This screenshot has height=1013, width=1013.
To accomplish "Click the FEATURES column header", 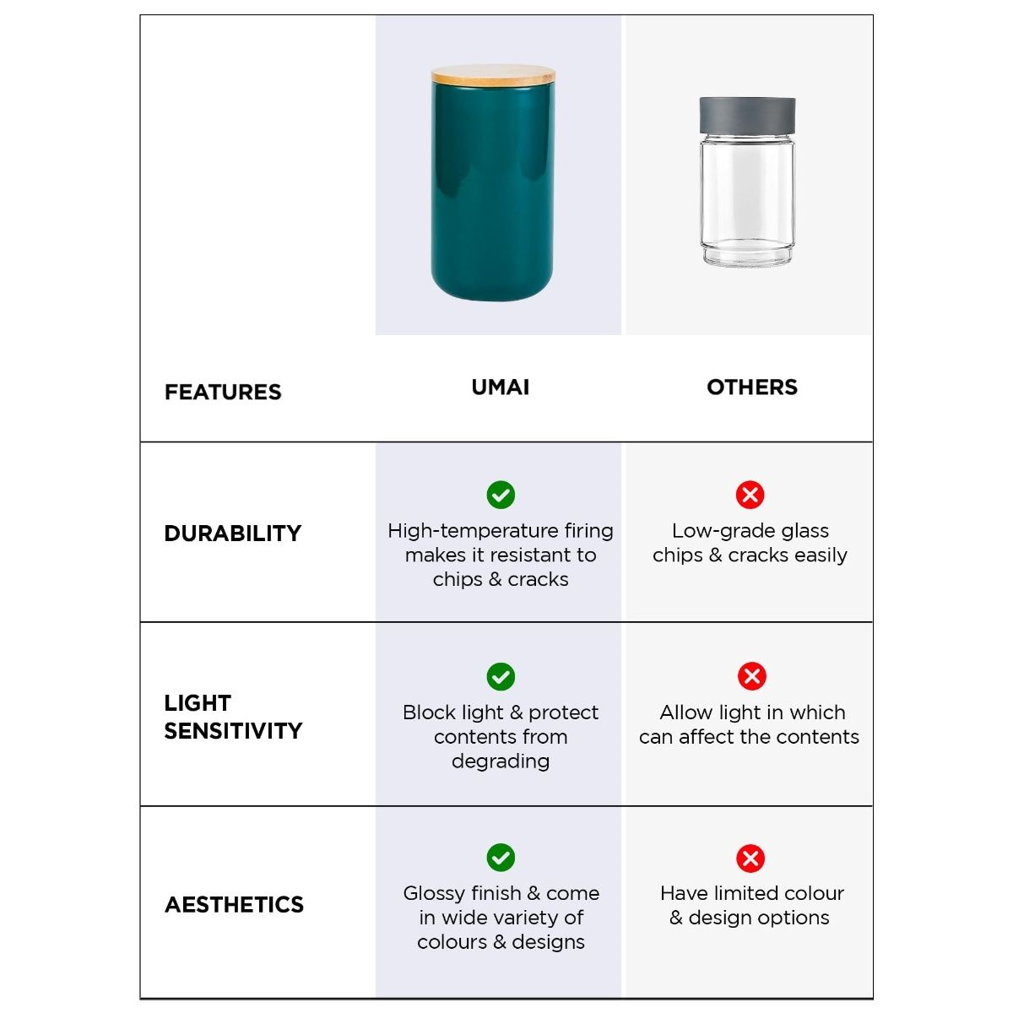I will coord(223,392).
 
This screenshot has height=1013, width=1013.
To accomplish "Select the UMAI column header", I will coord(501,387).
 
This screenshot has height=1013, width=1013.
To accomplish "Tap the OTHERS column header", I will coord(752,387).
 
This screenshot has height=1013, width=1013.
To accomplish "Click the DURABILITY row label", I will coord(233,534).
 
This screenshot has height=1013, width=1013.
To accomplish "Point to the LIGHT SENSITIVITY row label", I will coord(233,717).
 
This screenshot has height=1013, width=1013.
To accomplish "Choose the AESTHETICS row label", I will coord(234,905).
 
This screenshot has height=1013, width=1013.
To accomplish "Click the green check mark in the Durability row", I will coord(501,495).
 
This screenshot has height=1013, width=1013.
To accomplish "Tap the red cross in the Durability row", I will coord(750,495).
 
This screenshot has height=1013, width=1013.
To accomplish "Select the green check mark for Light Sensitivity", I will coord(501,676).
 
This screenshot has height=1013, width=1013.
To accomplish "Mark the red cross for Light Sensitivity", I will coord(751,676).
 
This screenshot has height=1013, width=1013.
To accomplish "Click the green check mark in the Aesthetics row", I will coord(501,858).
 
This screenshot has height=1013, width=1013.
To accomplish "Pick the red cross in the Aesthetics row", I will coord(750,859).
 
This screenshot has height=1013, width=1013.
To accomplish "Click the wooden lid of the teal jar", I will coord(493,75).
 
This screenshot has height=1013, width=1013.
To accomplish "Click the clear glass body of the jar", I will coord(747,203).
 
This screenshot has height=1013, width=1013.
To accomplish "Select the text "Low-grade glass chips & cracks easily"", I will coord(750,543).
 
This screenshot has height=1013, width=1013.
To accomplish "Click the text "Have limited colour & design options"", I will coord(751,905).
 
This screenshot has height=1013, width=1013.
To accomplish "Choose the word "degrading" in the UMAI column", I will coord(501,761).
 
